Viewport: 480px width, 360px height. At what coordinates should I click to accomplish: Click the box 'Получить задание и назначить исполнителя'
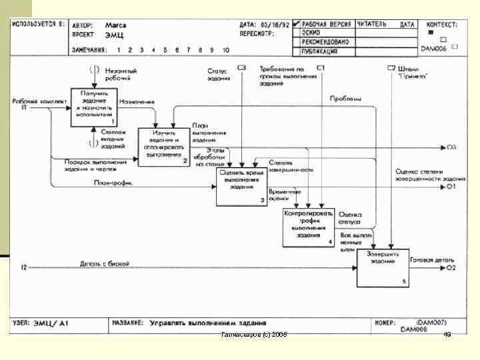click(94, 107)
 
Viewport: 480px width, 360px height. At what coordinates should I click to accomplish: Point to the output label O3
click(451, 147)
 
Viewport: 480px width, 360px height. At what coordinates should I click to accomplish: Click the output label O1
click(451, 187)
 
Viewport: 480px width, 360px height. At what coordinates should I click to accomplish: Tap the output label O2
click(451, 268)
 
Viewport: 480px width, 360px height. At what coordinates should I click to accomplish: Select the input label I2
click(24, 268)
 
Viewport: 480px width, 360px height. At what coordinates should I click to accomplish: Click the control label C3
click(241, 68)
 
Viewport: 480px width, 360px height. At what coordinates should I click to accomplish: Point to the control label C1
click(321, 68)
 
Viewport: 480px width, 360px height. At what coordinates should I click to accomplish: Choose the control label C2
click(391, 68)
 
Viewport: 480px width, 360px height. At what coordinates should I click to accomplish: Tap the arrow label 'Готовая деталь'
click(427, 261)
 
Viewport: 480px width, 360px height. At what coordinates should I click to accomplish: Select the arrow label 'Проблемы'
click(346, 99)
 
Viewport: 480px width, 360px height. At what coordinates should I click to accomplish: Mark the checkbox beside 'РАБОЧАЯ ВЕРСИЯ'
click(295, 24)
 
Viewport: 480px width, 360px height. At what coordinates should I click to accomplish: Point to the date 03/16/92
click(275, 25)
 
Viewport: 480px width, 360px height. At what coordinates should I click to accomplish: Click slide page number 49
click(447, 334)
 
